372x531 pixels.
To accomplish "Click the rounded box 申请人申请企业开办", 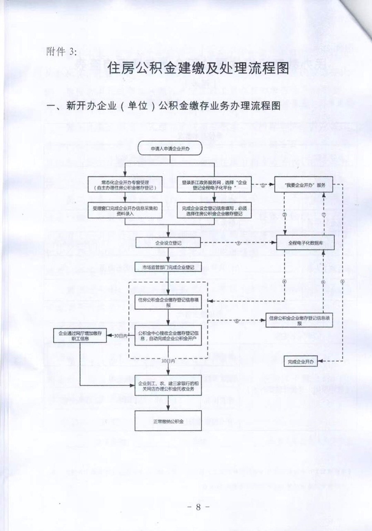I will pos(170,148).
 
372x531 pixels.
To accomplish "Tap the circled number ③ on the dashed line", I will pos(238,242).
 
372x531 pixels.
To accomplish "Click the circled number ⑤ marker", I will pos(237,320).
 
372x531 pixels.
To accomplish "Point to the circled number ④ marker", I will pos(285,282).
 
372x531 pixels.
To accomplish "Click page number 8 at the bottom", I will pos(198,507).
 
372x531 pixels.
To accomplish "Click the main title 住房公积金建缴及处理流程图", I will pos(198,68).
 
